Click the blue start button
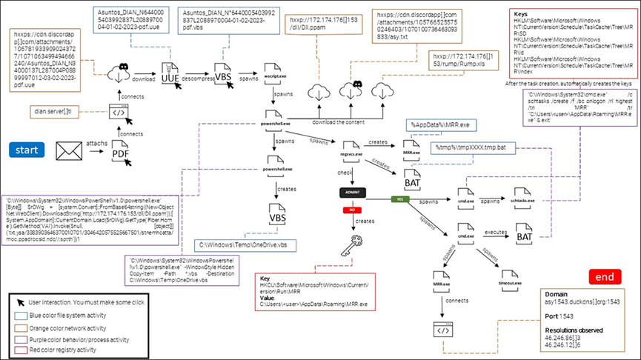click(x=26, y=150)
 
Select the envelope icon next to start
click(x=69, y=151)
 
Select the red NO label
click(x=349, y=210)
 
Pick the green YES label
click(x=400, y=199)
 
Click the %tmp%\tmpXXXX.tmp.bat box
click(x=469, y=148)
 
